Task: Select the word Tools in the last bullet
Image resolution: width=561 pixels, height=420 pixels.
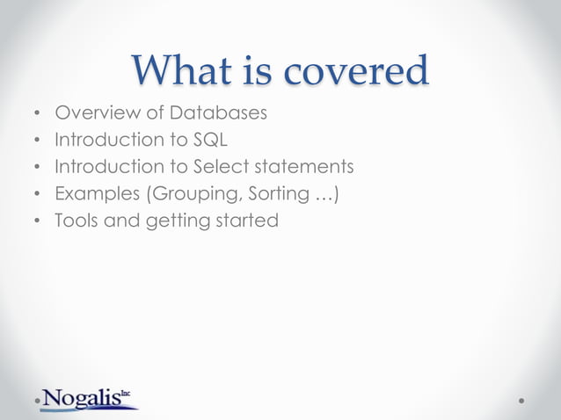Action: (76, 220)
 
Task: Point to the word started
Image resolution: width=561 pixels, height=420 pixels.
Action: (246, 220)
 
